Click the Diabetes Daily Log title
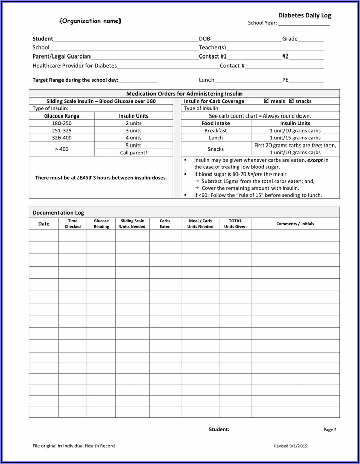305,16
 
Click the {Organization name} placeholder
91,21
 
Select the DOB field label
204,39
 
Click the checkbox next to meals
266,101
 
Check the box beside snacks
291,101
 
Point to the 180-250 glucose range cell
62,123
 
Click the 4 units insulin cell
134,137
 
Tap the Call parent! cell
134,152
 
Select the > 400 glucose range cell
62,149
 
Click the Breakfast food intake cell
216,130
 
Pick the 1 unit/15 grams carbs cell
295,137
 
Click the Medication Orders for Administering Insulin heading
184,94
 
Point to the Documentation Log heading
58,213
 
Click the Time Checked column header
73,224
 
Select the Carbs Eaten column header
165,224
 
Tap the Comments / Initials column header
295,224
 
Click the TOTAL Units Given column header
235,224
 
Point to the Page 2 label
330,430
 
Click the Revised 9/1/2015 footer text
290,446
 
